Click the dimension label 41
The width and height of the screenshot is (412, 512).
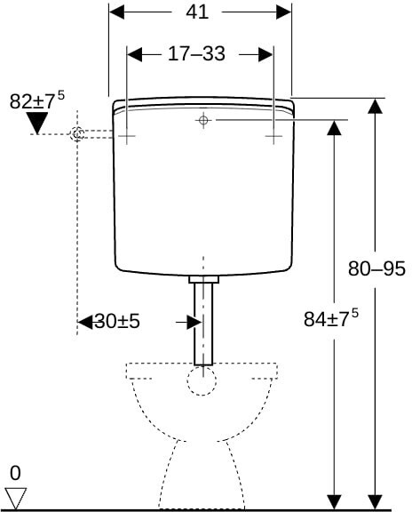197,12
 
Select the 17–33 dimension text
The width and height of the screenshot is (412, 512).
196,54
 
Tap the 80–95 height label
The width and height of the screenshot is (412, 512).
376,268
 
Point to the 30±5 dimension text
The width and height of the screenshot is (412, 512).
117,321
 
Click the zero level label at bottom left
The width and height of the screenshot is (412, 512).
15,473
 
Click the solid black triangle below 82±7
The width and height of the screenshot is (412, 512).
37,123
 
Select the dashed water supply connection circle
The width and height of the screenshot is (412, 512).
77,134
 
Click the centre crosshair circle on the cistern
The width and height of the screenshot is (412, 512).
203,120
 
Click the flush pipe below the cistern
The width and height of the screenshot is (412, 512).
203,324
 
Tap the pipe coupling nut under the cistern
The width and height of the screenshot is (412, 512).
203,279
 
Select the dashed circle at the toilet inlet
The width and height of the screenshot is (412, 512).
202,380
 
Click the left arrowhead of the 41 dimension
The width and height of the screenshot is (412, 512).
117,12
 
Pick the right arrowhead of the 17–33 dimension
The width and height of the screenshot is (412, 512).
265,54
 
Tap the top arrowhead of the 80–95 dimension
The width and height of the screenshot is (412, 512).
375,106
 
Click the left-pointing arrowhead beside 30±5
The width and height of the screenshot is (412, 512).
85,323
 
